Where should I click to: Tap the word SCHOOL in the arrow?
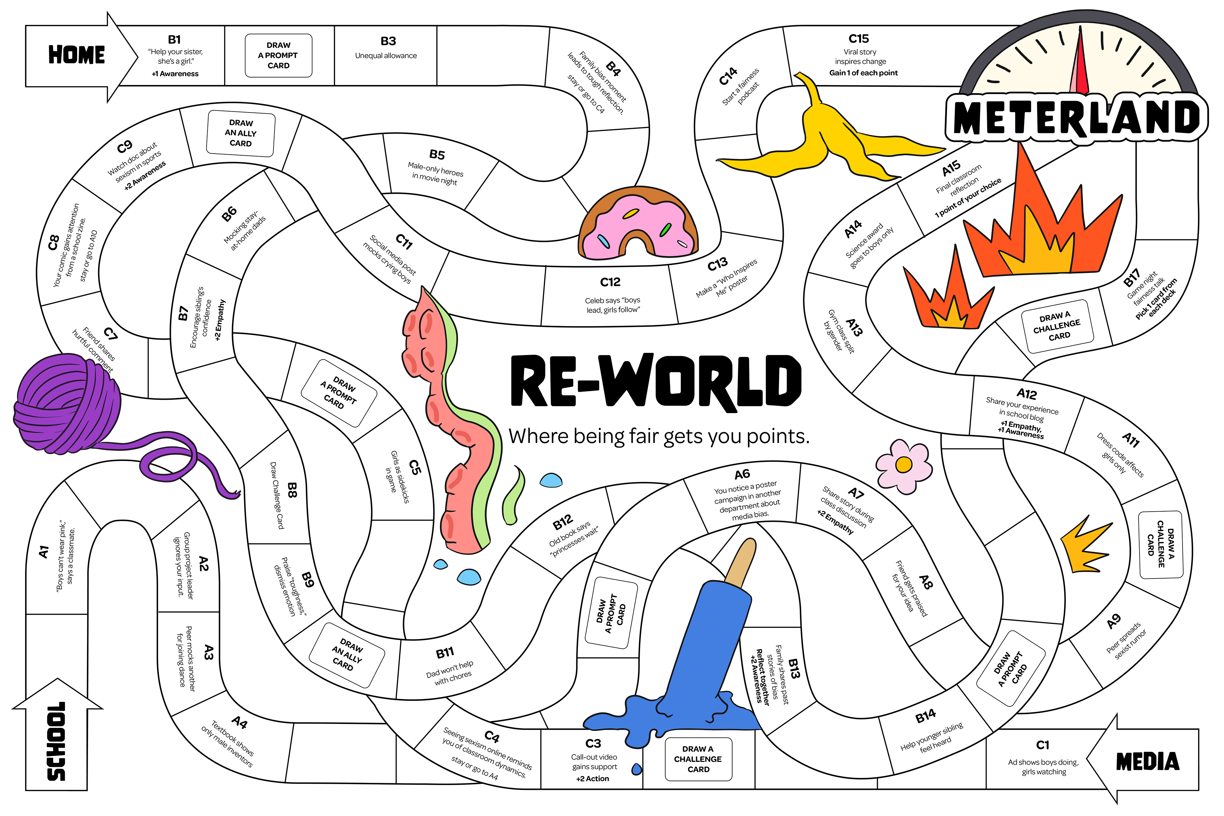click(x=56, y=742)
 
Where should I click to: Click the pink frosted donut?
click(x=638, y=224)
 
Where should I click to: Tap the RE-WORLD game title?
click(x=656, y=381)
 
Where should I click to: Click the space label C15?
click(x=859, y=39)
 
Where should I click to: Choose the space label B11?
click(x=445, y=652)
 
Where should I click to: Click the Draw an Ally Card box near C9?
click(x=241, y=133)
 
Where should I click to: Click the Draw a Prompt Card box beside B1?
click(x=278, y=55)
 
